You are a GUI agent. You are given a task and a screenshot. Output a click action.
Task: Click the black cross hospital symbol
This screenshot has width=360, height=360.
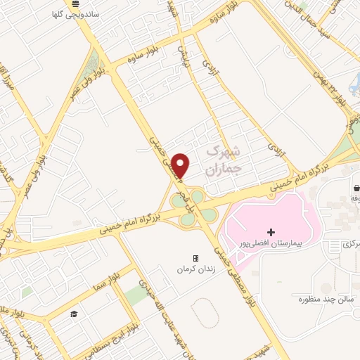(x=271, y=231)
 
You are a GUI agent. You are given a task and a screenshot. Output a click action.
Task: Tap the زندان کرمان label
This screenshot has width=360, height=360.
(x=196, y=269)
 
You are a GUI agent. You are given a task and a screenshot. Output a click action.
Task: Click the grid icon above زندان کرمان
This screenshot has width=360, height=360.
(x=196, y=258)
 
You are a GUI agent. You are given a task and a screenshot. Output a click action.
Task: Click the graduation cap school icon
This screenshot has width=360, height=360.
(x=73, y=314)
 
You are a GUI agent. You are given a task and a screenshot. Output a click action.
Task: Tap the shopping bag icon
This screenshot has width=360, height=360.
(x=357, y=188)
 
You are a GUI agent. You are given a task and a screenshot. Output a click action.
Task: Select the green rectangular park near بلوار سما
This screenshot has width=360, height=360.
(x=138, y=296)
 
